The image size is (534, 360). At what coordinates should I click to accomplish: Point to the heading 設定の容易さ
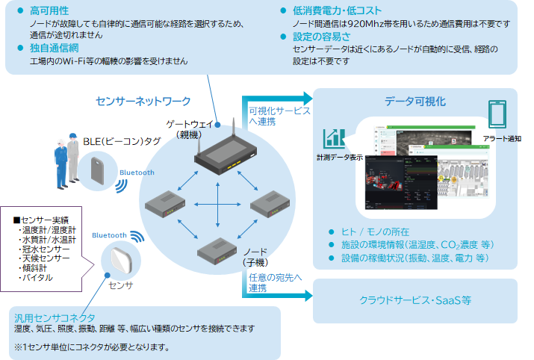point(322,36)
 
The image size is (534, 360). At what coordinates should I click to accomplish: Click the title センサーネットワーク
point(143,101)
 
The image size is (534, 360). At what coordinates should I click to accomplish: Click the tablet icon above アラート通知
point(497,115)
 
